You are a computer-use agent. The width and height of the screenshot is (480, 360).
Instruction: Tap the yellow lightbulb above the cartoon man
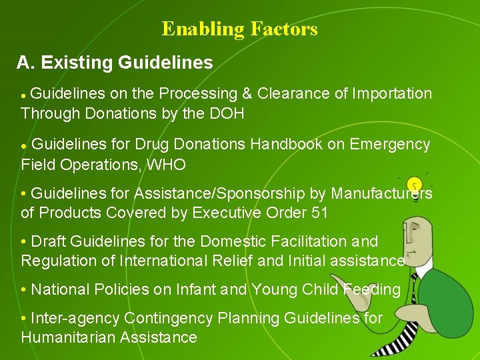tap(415, 185)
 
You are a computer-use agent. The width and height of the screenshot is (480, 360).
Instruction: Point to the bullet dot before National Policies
tap(24, 290)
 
